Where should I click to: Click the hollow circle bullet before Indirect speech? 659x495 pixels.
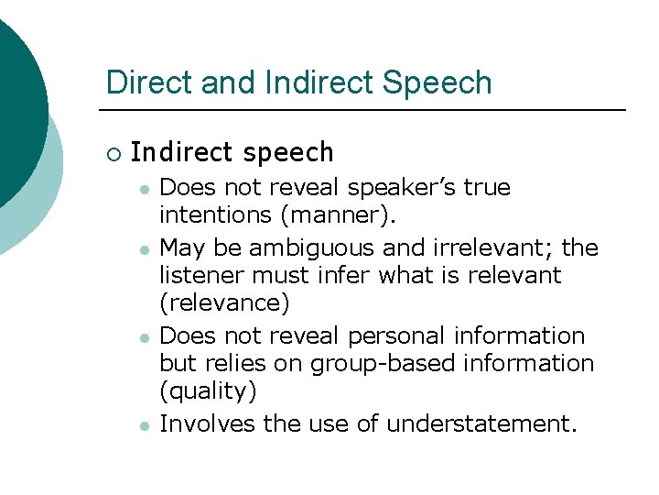[x=113, y=153]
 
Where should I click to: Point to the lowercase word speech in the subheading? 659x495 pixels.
[x=294, y=152]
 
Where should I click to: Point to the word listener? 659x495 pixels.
[x=198, y=275]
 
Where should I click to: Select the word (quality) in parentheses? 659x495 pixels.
[x=208, y=391]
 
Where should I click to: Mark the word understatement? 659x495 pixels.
[x=482, y=423]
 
